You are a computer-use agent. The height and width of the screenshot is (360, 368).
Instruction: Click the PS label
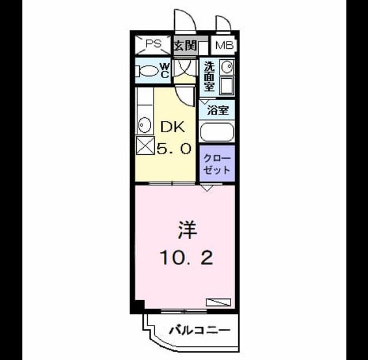[154, 44]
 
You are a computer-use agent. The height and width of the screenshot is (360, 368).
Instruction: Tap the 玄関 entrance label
[185, 45]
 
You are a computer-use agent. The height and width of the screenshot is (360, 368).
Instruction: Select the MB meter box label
[224, 45]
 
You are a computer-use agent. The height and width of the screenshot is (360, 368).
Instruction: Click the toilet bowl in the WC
[147, 71]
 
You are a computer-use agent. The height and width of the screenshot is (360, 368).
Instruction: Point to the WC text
[165, 71]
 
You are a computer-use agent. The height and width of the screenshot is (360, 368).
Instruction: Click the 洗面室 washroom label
[209, 76]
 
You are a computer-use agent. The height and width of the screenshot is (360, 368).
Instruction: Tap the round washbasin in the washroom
[227, 66]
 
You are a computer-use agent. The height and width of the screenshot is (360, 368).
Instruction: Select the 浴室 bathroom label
[218, 110]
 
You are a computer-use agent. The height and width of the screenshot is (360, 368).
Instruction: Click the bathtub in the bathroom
[217, 132]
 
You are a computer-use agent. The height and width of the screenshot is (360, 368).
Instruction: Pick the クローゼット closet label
[217, 164]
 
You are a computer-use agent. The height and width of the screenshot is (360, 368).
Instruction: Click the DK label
[172, 127]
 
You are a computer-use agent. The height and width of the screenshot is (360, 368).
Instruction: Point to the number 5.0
[174, 148]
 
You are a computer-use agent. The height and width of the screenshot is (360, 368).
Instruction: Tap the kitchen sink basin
[144, 125]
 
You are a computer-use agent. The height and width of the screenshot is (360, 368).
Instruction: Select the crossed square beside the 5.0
[145, 145]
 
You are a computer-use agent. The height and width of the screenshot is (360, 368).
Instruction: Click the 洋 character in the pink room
[187, 230]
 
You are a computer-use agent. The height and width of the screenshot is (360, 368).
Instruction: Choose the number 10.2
[186, 258]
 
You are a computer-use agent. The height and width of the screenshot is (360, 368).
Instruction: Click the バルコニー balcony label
[200, 331]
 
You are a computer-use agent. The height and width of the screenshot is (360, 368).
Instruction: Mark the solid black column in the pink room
[140, 304]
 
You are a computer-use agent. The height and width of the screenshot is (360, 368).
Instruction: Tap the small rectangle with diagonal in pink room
[218, 302]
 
